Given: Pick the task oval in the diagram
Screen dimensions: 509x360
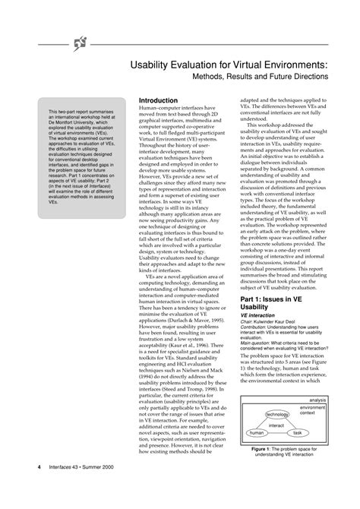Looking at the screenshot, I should [297, 432].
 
